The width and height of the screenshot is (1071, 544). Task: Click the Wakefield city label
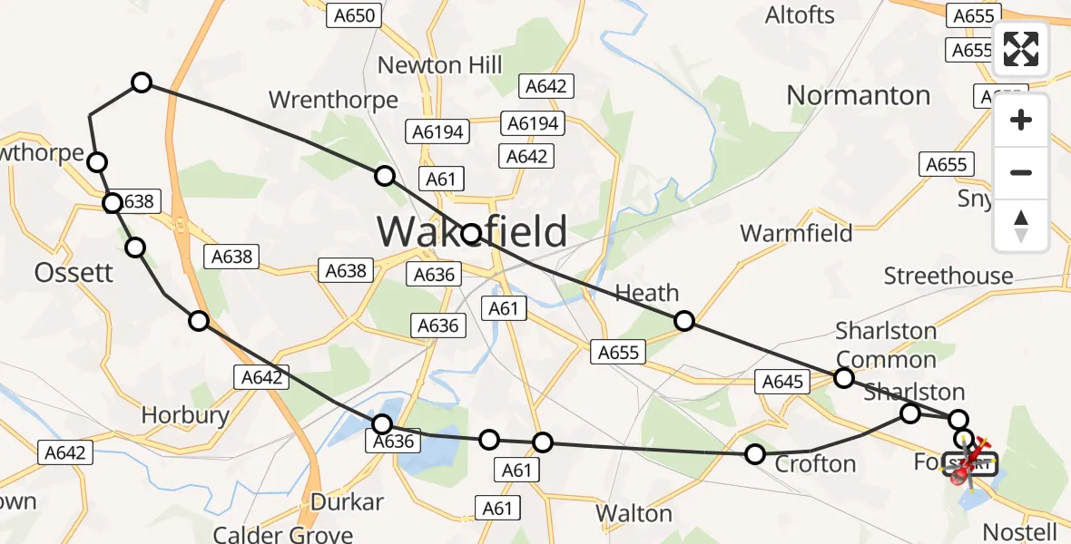472,231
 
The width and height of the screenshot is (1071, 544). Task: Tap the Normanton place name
858,95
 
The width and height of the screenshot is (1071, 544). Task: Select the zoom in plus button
1021,120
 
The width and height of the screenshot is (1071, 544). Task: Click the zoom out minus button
1021,172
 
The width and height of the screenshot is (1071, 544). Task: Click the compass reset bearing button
1021,226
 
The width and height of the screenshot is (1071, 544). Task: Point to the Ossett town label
74,272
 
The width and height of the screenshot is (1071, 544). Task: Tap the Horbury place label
185,415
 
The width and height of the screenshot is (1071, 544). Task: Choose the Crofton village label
815,464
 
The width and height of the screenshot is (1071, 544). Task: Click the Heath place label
647,293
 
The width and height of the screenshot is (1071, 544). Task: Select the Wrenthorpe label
333,99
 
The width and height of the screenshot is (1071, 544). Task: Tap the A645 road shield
782,382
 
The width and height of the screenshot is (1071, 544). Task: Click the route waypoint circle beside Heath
684,320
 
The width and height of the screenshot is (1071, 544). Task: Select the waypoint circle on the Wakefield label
471,234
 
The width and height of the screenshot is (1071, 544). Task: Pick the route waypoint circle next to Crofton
755,453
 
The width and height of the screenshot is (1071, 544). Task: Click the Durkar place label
347,501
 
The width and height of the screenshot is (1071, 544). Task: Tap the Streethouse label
948,276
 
